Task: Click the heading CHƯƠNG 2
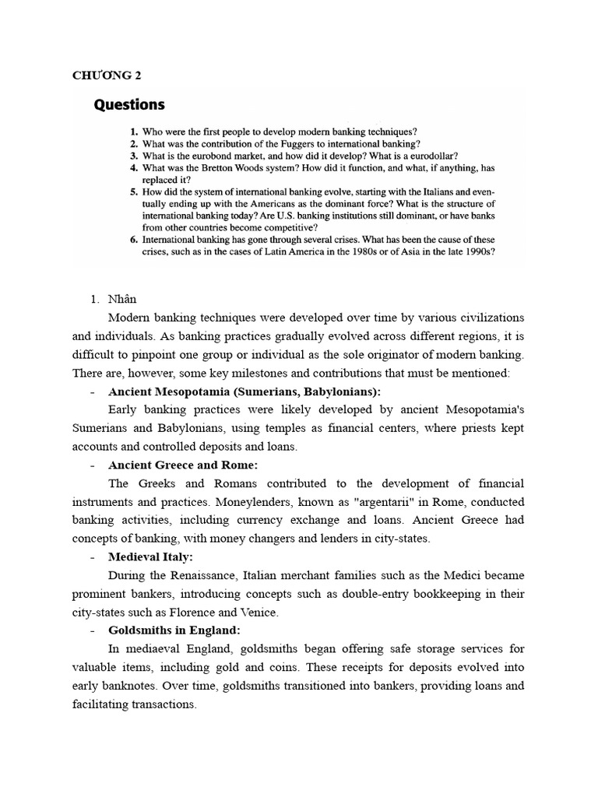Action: tap(107, 75)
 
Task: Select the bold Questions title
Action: tap(129, 104)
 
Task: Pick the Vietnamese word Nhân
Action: tap(122, 299)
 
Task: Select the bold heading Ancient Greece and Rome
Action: tap(183, 465)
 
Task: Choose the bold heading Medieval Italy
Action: tap(150, 556)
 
